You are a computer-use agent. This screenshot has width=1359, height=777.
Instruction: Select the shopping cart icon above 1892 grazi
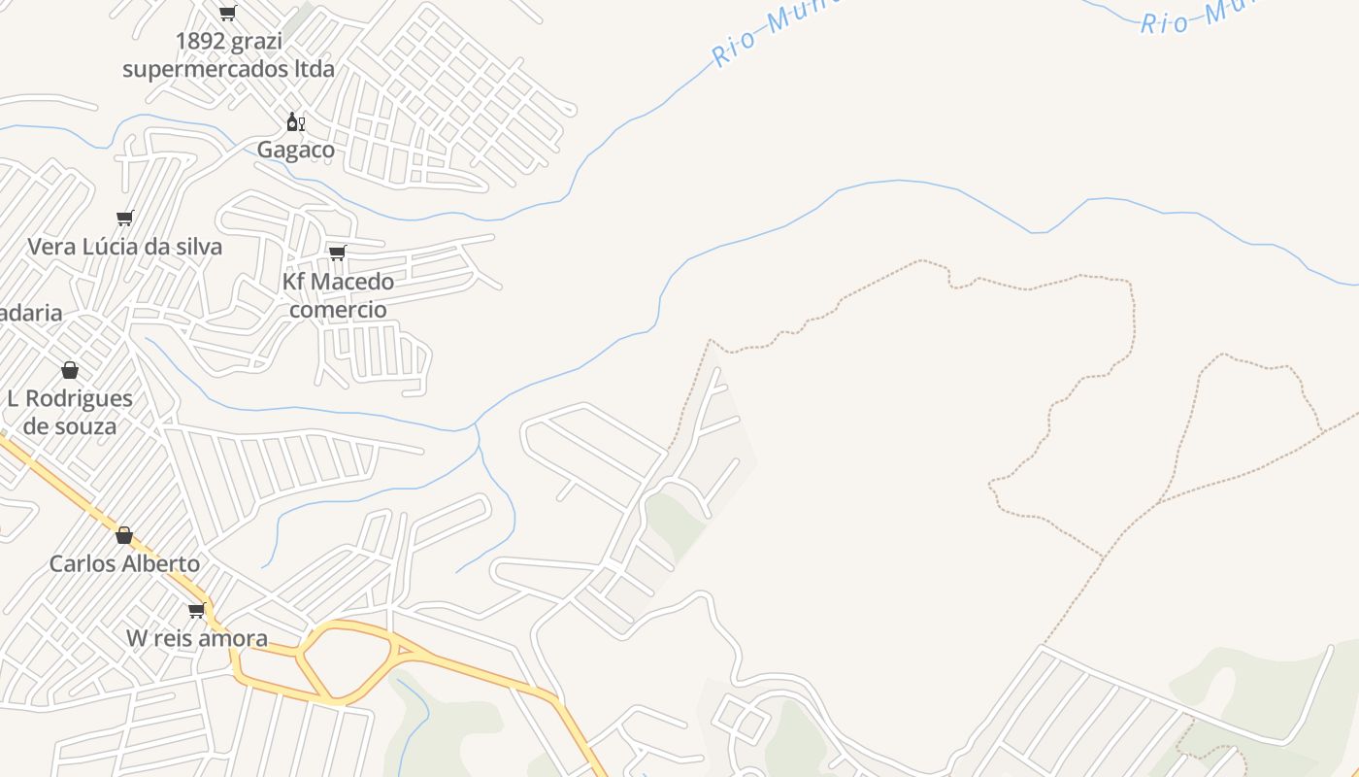(x=227, y=14)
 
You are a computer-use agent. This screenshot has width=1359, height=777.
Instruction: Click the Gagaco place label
(x=295, y=150)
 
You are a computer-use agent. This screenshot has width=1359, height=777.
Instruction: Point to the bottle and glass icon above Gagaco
(x=295, y=122)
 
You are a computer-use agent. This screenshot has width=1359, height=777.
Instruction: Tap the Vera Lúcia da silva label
(x=124, y=247)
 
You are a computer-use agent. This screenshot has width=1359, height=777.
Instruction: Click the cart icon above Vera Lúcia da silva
(x=124, y=218)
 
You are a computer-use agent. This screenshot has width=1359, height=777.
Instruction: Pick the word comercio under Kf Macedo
(x=338, y=310)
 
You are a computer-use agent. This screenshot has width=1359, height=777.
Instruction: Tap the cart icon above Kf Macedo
(x=338, y=253)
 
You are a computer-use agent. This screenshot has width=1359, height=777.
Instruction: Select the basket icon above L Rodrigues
(x=70, y=370)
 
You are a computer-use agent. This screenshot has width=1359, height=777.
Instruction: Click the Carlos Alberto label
(x=124, y=563)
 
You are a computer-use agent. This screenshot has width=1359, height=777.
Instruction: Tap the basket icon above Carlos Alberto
(x=124, y=535)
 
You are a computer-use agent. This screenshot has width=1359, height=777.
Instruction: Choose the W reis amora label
(x=197, y=638)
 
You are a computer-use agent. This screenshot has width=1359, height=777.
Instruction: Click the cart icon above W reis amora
(x=197, y=610)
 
